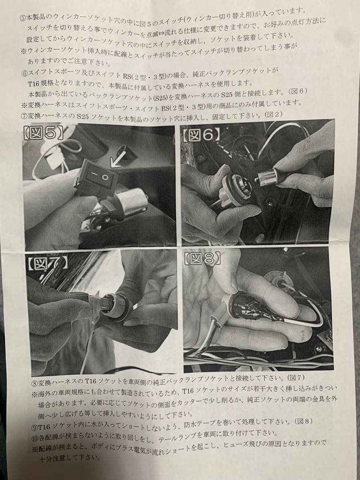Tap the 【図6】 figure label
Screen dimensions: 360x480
(x=201, y=135)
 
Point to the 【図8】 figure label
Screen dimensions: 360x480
(x=202, y=259)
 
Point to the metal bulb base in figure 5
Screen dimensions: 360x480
(x=131, y=202)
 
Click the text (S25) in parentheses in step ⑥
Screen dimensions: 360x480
(x=163, y=98)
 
